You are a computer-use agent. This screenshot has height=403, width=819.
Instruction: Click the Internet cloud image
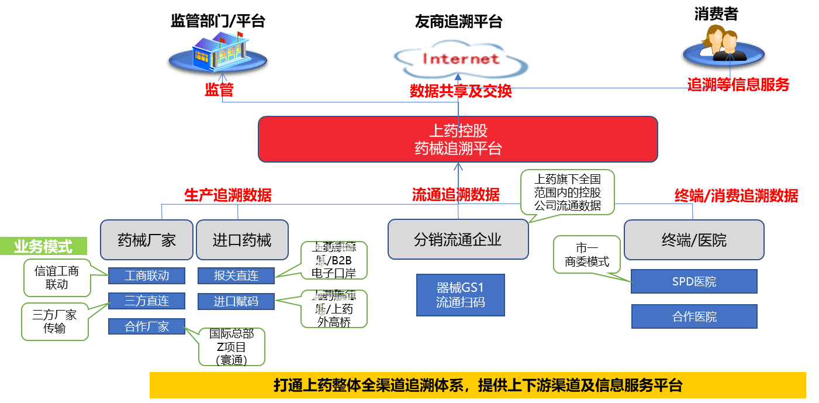click(x=460, y=57)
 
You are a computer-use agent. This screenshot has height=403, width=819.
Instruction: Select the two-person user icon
click(x=722, y=44)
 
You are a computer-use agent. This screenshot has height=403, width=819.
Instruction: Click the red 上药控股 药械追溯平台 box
click(x=458, y=139)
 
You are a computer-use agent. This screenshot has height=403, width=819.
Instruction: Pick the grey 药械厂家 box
click(x=146, y=240)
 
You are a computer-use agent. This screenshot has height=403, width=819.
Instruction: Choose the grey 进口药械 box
click(x=242, y=240)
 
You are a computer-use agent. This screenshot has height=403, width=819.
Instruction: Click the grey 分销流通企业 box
click(x=458, y=240)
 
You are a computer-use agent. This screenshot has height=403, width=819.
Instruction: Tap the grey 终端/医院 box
click(x=694, y=240)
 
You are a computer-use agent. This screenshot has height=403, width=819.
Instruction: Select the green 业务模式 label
click(x=44, y=246)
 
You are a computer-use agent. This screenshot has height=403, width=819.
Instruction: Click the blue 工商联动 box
click(x=147, y=275)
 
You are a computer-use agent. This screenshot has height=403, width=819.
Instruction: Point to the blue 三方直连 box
click(x=147, y=301)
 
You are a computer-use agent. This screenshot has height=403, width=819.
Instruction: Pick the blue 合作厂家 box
click(x=147, y=326)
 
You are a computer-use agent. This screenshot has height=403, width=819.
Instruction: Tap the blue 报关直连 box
click(x=236, y=275)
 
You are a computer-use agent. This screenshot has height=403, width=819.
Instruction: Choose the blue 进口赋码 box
click(x=236, y=302)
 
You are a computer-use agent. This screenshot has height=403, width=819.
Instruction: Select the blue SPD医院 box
click(x=694, y=281)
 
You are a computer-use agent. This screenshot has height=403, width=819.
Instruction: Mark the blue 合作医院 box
click(x=694, y=316)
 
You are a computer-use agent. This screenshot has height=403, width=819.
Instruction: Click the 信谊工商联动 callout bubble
click(x=57, y=278)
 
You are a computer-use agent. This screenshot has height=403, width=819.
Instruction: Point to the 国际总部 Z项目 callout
click(x=231, y=347)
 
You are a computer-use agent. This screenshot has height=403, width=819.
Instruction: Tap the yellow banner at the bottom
click(x=478, y=385)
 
